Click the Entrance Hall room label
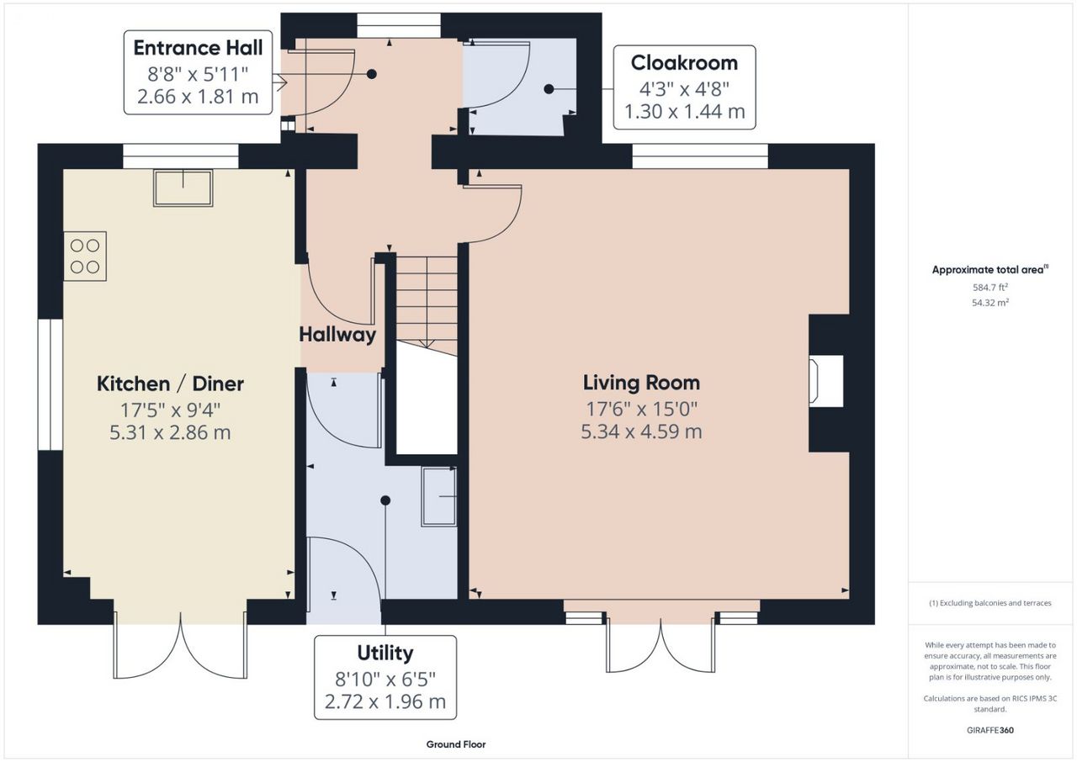click(x=198, y=48)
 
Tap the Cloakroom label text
click(x=684, y=63)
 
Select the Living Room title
click(x=641, y=383)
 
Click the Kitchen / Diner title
click(x=170, y=384)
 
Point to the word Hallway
click(x=337, y=335)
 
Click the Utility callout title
click(x=385, y=654)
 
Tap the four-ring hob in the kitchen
click(x=85, y=256)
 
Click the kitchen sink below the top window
click(x=183, y=188)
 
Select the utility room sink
click(x=439, y=496)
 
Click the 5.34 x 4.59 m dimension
click(x=641, y=431)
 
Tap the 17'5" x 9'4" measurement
click(x=170, y=410)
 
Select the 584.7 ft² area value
click(x=990, y=288)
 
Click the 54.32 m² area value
click(x=990, y=303)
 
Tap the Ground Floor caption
click(x=456, y=744)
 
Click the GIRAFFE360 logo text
click(x=990, y=730)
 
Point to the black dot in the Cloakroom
click(x=549, y=89)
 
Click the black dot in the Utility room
click(x=385, y=500)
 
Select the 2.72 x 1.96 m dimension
click(x=385, y=702)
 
